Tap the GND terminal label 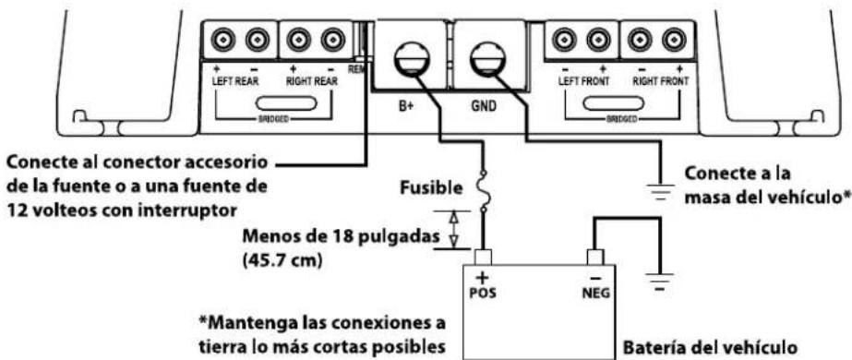484,105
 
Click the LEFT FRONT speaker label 580,80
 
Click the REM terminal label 356,68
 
